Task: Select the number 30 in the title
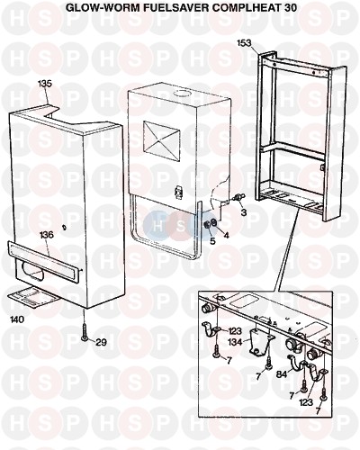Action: (290, 7)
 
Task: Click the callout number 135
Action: (45, 83)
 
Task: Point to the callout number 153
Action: (244, 43)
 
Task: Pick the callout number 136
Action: (47, 235)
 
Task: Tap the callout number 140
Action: (17, 319)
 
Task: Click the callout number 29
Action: (101, 342)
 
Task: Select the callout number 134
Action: (235, 342)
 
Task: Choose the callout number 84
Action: (283, 374)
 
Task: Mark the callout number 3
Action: (244, 212)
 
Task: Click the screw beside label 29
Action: (85, 331)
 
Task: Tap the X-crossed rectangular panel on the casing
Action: (162, 139)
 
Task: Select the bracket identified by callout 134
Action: (261, 341)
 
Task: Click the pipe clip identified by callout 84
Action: (298, 363)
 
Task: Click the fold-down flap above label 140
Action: (33, 297)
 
